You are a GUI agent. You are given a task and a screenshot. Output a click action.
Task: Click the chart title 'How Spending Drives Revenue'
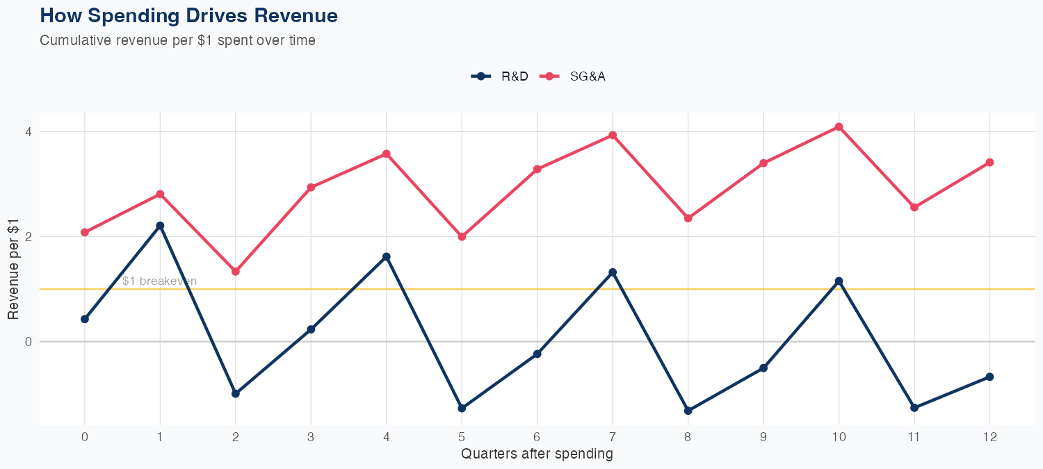point(189,15)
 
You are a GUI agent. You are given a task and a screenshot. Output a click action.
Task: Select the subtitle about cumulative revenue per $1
point(177,40)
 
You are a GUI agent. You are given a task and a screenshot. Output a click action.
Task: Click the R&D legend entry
point(500,76)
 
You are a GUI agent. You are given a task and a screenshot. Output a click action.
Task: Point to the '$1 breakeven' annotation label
point(159,281)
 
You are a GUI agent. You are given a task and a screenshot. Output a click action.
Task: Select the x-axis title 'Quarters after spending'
point(537,454)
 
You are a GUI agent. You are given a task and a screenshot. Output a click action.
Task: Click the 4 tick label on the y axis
point(29,131)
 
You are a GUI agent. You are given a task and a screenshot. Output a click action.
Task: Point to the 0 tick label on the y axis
point(29,342)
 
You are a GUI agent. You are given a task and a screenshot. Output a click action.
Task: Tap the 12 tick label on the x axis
point(989,437)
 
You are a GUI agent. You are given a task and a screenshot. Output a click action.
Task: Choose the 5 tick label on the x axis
point(462,437)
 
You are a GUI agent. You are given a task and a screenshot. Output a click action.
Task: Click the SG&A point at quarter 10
point(839,126)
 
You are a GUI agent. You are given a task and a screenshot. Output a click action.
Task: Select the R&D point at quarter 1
point(160,226)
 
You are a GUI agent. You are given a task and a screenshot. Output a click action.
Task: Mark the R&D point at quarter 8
point(688,411)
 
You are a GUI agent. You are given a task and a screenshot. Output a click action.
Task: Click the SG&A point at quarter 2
point(236,272)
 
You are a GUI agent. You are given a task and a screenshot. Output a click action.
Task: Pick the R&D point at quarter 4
point(387,257)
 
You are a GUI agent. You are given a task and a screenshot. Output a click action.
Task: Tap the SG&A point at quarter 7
point(613,135)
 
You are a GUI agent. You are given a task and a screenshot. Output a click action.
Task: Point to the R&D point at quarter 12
point(989,377)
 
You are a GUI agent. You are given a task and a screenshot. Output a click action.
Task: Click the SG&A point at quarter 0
point(85,232)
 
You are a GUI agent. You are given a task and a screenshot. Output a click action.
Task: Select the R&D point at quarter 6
point(537,354)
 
